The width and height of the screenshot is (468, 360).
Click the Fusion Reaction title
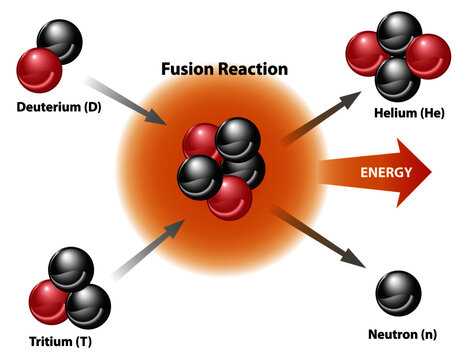pyautogui.click(x=224, y=70)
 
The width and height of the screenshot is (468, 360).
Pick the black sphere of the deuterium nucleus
pyautogui.click(x=62, y=42)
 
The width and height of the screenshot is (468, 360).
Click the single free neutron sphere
pyautogui.click(x=398, y=292)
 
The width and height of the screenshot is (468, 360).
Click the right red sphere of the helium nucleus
pyautogui.click(x=428, y=55)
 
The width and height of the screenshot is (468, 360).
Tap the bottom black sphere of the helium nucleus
pyautogui.click(x=398, y=78)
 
